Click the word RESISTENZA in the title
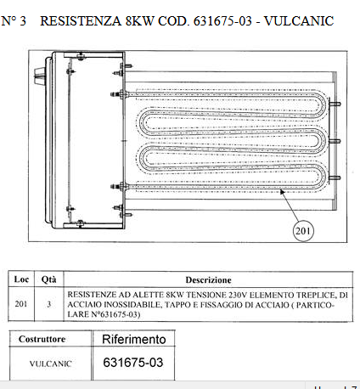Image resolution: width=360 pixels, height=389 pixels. [81, 21]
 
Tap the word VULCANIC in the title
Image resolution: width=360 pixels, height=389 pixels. [299, 21]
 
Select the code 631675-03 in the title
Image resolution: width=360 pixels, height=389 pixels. [222, 21]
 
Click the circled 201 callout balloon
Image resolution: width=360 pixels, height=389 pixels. [303, 231]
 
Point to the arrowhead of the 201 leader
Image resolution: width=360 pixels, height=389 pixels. [282, 192]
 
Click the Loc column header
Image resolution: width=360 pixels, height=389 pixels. [21, 279]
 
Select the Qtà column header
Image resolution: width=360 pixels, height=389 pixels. [48, 279]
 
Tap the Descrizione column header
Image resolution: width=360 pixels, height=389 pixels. [208, 280]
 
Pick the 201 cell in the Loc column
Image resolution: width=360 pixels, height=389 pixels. [21, 304]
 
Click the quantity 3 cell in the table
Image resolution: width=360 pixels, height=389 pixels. [49, 304]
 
